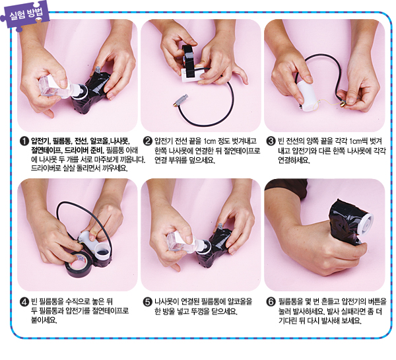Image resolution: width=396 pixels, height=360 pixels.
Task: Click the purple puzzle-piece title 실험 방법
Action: click(x=25, y=15)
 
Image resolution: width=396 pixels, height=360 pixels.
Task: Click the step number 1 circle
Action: click(x=24, y=141)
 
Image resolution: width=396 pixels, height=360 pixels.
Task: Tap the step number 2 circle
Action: click(x=148, y=141)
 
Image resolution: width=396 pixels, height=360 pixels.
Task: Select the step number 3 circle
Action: click(x=271, y=141)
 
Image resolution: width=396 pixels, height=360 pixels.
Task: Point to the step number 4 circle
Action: click(x=24, y=302)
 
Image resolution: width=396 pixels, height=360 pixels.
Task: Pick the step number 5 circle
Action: click(x=148, y=302)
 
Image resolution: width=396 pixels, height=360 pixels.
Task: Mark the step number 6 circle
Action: click(x=271, y=302)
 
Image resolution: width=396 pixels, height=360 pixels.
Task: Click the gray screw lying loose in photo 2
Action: click(x=181, y=100)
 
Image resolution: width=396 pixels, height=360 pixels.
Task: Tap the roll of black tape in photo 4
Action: click(x=80, y=264)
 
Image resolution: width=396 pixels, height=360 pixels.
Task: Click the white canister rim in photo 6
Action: click(x=366, y=224)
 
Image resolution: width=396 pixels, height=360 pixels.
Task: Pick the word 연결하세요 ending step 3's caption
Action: click(x=294, y=160)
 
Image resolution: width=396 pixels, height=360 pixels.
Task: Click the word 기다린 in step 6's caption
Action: click(x=288, y=321)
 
